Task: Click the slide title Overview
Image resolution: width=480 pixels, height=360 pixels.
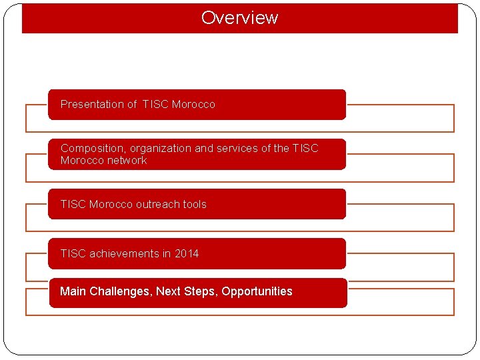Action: pos(239,18)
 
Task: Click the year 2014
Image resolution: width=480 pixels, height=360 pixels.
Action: pos(187,253)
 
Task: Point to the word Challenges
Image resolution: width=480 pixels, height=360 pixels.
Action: pos(119,291)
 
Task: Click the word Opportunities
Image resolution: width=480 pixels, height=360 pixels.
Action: pos(257,291)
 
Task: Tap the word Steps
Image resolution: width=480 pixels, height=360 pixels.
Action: pos(201,291)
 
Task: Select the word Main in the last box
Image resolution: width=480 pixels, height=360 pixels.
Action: pos(73,291)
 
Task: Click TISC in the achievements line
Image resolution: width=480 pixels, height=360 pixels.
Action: pos(73,253)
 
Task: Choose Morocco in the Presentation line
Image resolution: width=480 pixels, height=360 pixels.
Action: pos(193,104)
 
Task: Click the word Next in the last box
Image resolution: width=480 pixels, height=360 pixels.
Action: pos(168,291)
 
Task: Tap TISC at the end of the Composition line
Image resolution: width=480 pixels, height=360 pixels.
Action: pos(305,148)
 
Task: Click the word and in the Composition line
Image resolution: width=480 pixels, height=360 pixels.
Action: pos(204,148)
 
